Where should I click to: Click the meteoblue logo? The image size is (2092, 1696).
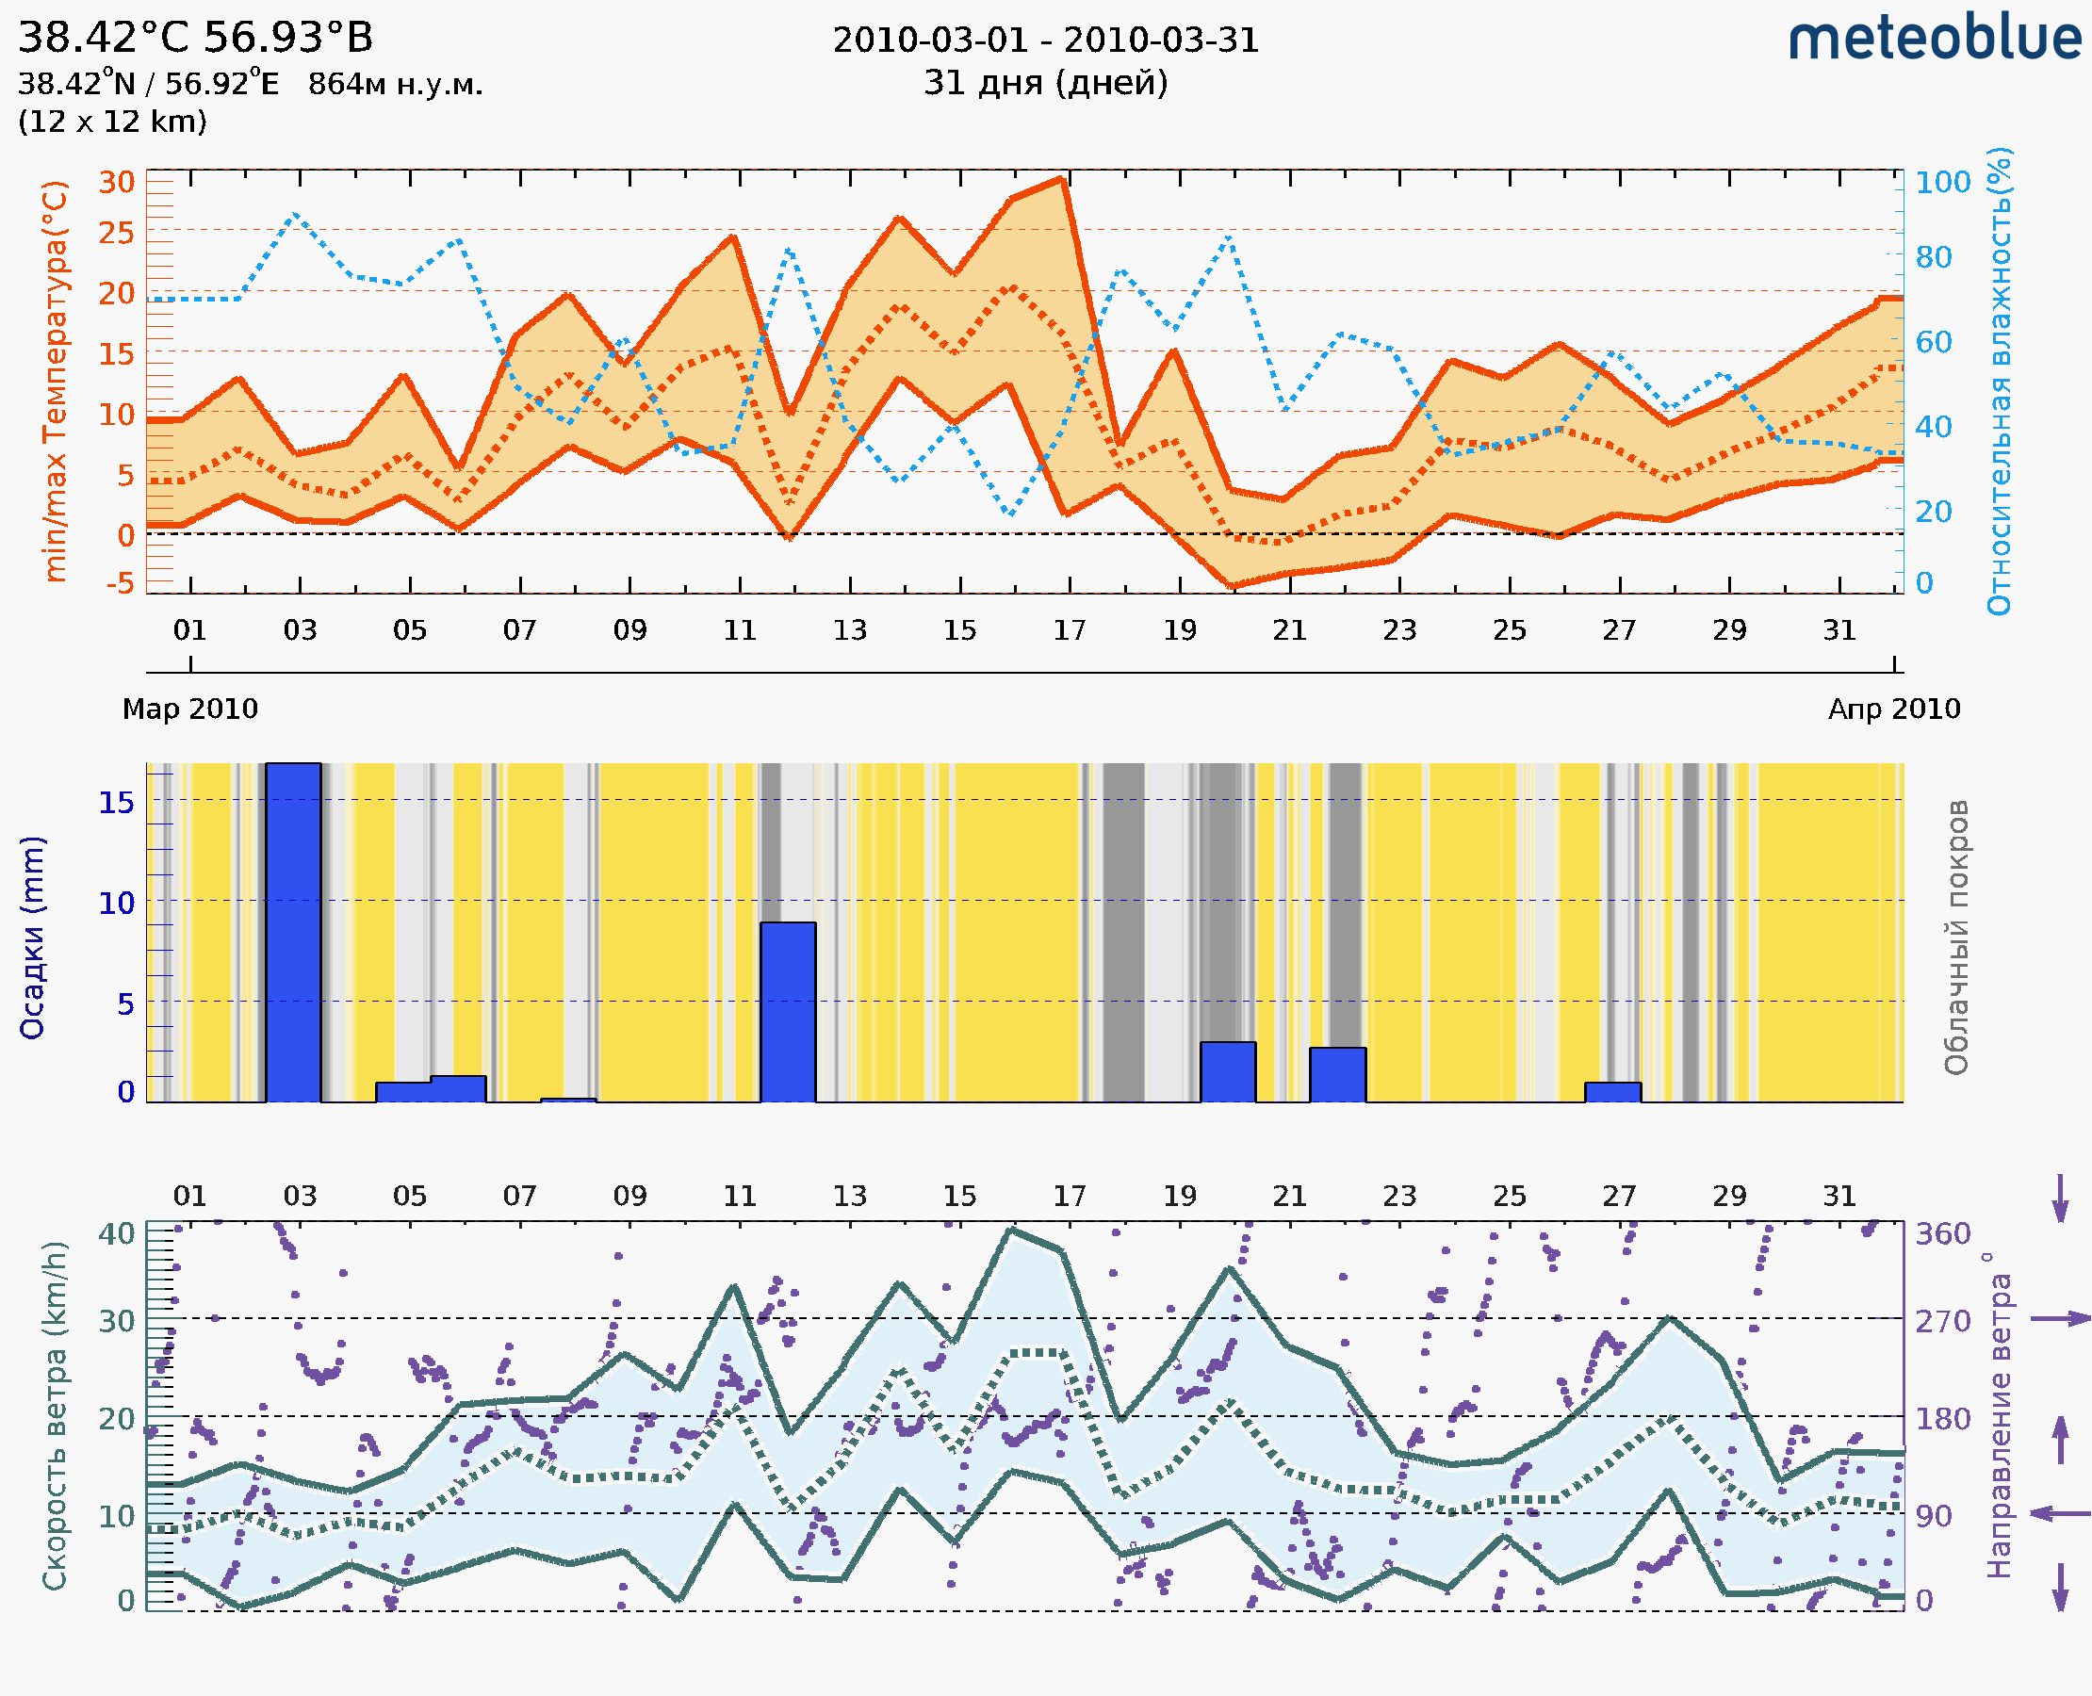pyautogui.click(x=1935, y=39)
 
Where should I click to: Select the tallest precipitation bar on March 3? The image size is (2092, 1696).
pyautogui.click(x=293, y=932)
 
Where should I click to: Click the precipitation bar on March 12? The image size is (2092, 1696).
pyautogui.click(x=788, y=1011)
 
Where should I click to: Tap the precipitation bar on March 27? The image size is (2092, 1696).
pyautogui.click(x=1612, y=1092)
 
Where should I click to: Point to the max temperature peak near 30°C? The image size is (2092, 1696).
pyautogui.click(x=1060, y=180)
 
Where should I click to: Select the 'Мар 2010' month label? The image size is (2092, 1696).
pyautogui.click(x=190, y=709)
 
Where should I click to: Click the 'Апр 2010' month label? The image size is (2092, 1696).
pyautogui.click(x=1894, y=709)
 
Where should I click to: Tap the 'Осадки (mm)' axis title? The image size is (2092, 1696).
pyautogui.click(x=32, y=938)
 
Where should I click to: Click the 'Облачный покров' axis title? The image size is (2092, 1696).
pyautogui.click(x=1956, y=938)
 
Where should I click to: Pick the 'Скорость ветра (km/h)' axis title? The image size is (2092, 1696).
pyautogui.click(x=55, y=1415)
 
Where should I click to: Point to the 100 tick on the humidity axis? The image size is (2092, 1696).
pyautogui.click(x=1942, y=183)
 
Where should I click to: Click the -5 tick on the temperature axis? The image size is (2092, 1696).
pyautogui.click(x=121, y=584)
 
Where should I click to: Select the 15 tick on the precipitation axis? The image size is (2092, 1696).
pyautogui.click(x=116, y=802)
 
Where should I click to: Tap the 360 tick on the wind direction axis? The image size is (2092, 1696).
pyautogui.click(x=1942, y=1233)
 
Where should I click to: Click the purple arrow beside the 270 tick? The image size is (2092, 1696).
pyautogui.click(x=2060, y=1319)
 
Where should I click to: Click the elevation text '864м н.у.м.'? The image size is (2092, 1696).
pyautogui.click(x=396, y=85)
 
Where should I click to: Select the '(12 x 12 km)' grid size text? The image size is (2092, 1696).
pyautogui.click(x=112, y=122)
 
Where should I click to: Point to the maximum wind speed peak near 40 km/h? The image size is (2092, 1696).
pyautogui.click(x=1011, y=1231)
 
